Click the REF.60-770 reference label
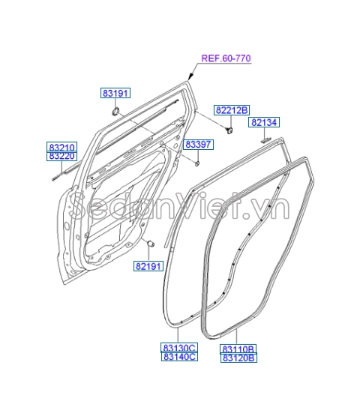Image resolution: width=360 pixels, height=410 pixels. pyautogui.click(x=225, y=58)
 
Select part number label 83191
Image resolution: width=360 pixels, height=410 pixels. pyautogui.click(x=115, y=93)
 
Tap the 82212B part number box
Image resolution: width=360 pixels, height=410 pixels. pyautogui.click(x=232, y=109)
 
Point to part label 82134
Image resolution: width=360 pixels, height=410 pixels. pyautogui.click(x=264, y=122)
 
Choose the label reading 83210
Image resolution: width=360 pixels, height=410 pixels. pyautogui.click(x=62, y=147)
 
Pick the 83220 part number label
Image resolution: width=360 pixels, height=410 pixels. pyautogui.click(x=62, y=157)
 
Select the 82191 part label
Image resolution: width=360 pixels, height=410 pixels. pyautogui.click(x=149, y=265)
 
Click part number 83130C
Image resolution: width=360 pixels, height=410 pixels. pyautogui.click(x=178, y=348)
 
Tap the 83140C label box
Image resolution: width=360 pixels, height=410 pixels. pyautogui.click(x=178, y=358)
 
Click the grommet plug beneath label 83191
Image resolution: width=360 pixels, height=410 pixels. pyautogui.click(x=116, y=112)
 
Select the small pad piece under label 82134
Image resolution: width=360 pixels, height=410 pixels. pyautogui.click(x=265, y=138)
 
